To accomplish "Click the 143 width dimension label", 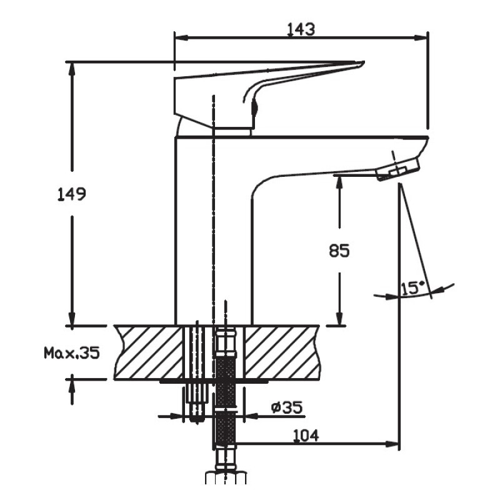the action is click(301, 29).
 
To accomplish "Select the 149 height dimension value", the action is click(72, 194).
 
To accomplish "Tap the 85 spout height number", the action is click(339, 251).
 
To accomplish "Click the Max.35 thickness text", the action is click(72, 353).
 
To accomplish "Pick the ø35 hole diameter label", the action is click(287, 407).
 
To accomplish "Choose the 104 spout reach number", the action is click(306, 435).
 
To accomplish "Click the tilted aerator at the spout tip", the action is click(398, 169).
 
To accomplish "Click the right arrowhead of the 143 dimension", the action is click(421, 38).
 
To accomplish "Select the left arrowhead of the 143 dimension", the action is click(181, 38).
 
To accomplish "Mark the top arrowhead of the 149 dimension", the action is click(72, 69).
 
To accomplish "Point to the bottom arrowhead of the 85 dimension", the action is click(339, 319).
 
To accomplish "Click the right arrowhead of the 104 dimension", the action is click(392, 444).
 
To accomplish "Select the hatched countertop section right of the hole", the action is click(282, 352).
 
